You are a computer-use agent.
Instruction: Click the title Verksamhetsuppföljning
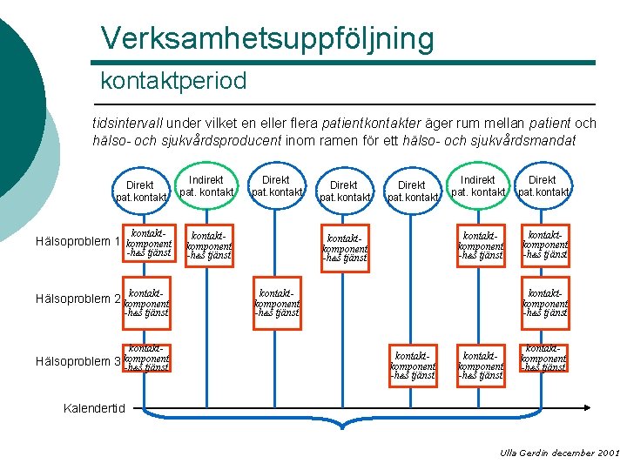(x=266, y=38)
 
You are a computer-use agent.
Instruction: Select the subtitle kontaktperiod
(x=173, y=82)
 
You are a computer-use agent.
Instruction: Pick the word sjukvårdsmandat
(x=522, y=140)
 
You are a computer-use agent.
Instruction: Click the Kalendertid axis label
(x=95, y=407)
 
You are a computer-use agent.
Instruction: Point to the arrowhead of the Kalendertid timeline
(x=590, y=406)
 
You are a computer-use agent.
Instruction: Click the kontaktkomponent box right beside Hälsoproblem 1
(x=147, y=242)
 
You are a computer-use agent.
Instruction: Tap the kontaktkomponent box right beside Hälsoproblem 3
(x=147, y=359)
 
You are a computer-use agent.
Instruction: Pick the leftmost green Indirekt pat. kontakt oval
(x=206, y=185)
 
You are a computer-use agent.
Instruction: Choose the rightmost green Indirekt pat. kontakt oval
(x=477, y=185)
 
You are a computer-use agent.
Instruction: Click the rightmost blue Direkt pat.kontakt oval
(x=543, y=185)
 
